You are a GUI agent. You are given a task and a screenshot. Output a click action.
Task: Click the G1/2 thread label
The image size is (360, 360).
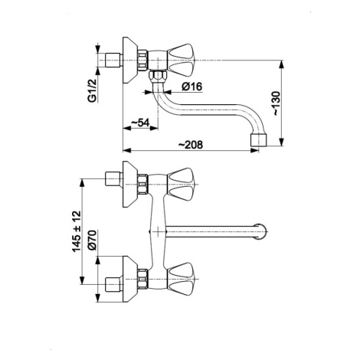point(92,91)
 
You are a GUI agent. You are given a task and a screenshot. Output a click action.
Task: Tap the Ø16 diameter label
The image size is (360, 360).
point(191,87)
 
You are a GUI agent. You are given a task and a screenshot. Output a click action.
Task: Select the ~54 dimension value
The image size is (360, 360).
point(140,123)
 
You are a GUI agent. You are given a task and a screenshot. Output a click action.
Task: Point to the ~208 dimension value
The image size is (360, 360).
point(191,145)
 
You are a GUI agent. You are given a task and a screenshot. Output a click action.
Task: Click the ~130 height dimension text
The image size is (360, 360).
point(277,103)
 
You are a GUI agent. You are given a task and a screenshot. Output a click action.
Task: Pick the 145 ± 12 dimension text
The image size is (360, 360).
point(77,231)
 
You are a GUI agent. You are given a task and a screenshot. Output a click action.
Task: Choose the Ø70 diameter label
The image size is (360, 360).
point(92,240)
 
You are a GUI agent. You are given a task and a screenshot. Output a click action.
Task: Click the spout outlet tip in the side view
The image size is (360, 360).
point(259,140)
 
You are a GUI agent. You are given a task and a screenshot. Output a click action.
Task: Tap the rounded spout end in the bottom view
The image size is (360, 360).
point(261,232)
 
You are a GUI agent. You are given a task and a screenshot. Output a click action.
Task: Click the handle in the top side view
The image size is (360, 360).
point(182,61)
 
